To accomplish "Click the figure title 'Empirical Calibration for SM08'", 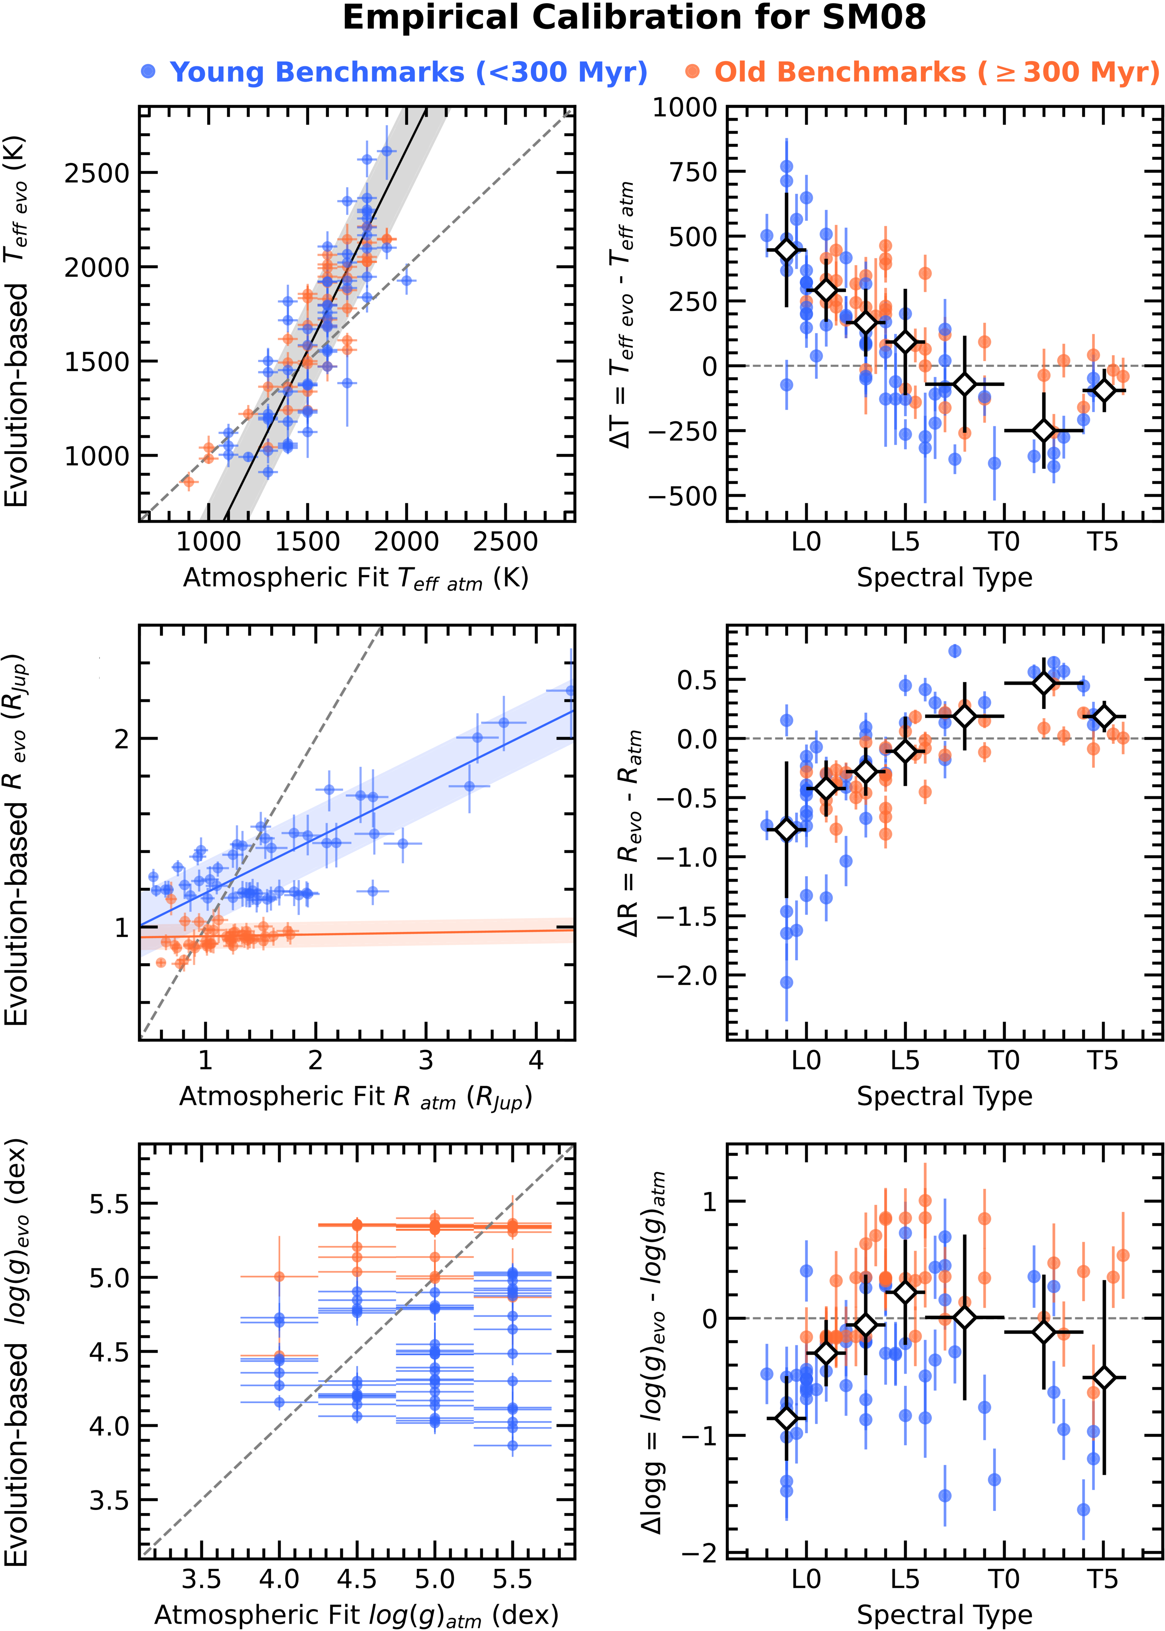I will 634,18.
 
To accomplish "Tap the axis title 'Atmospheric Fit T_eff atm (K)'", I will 356,578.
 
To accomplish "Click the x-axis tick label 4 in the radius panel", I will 536,1060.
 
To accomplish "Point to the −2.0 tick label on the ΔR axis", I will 687,975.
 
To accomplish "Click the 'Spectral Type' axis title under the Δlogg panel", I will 944,1615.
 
